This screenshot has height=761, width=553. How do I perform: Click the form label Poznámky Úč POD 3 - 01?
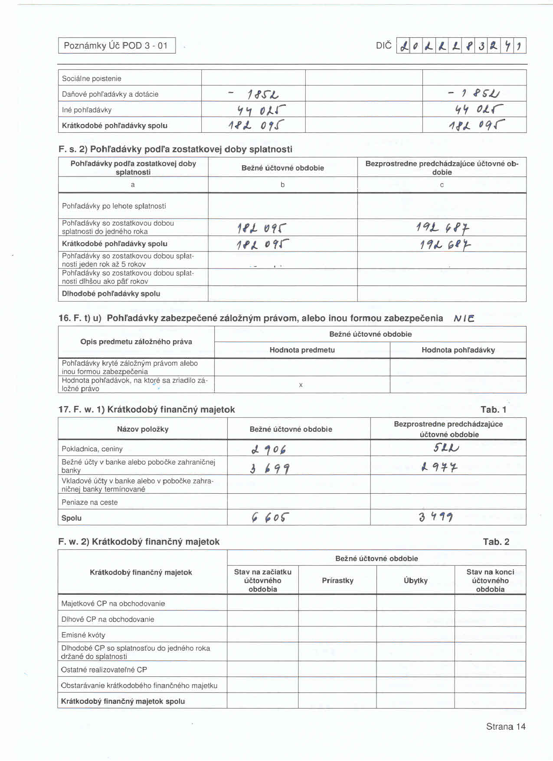point(116,46)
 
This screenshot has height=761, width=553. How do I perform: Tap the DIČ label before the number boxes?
point(383,46)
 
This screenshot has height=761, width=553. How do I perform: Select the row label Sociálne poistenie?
point(92,79)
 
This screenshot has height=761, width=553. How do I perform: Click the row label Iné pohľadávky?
point(87,110)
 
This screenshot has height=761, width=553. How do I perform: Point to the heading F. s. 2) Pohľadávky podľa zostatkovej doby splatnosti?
point(175,149)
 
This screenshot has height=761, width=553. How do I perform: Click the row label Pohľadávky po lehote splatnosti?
point(114,206)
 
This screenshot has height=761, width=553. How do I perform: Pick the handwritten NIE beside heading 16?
point(464,318)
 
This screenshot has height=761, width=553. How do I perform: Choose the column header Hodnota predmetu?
point(302,350)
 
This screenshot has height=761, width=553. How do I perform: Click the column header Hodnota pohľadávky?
point(458,350)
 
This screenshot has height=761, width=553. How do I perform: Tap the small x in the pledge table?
point(301,385)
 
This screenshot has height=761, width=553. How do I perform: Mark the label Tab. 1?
point(493,410)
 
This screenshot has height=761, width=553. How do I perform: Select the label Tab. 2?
point(496,541)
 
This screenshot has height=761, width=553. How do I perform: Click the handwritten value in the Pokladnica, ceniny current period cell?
point(268,449)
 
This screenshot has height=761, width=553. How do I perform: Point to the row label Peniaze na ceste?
point(90,502)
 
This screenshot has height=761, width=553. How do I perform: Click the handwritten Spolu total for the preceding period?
point(436,517)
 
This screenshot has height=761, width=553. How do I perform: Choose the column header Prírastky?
point(337,581)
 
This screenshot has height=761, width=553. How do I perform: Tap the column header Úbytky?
point(416,581)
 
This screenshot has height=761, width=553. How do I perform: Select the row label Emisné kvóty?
point(83,635)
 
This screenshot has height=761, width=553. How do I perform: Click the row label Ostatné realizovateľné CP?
point(104,670)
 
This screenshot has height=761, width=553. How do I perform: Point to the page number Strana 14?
point(505,727)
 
